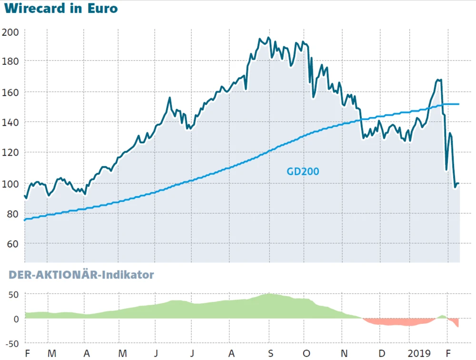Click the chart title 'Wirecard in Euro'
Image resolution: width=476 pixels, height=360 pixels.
click(60, 9)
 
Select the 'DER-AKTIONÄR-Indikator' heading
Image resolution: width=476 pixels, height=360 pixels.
click(79, 275)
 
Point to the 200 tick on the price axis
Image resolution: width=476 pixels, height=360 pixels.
click(10, 32)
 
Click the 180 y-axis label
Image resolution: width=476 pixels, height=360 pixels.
click(10, 62)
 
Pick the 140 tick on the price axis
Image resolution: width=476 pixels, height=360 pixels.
click(10, 122)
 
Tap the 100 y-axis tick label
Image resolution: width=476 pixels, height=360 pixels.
click(10, 184)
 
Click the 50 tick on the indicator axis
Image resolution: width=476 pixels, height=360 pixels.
click(13, 294)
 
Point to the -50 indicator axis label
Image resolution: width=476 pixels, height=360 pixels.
click(11, 343)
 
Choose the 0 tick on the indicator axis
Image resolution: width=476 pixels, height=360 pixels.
click(16, 319)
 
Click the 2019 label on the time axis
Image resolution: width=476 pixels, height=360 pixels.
click(419, 353)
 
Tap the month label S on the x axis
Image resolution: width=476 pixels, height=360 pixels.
click(270, 353)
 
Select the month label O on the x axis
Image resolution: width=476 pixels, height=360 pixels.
click(307, 353)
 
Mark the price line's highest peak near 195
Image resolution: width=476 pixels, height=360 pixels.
click(269, 38)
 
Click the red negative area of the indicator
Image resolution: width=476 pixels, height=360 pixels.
click(395, 322)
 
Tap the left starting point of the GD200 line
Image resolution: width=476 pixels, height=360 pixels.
click(25, 220)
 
